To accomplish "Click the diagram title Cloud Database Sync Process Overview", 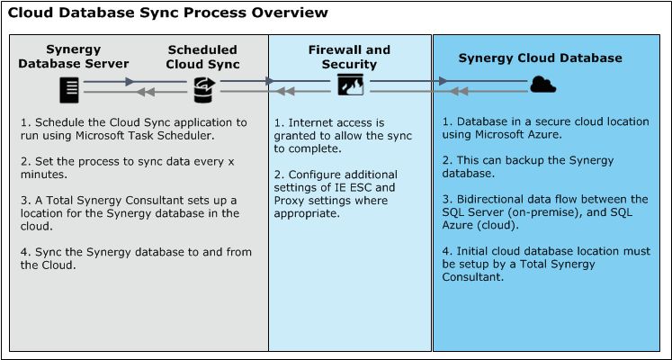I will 168,13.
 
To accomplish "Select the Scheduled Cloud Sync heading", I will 203,57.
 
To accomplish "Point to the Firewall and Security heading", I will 349,57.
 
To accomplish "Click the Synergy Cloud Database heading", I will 540,58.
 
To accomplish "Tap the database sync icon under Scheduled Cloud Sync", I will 202,86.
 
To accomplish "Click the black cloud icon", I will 542,85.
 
